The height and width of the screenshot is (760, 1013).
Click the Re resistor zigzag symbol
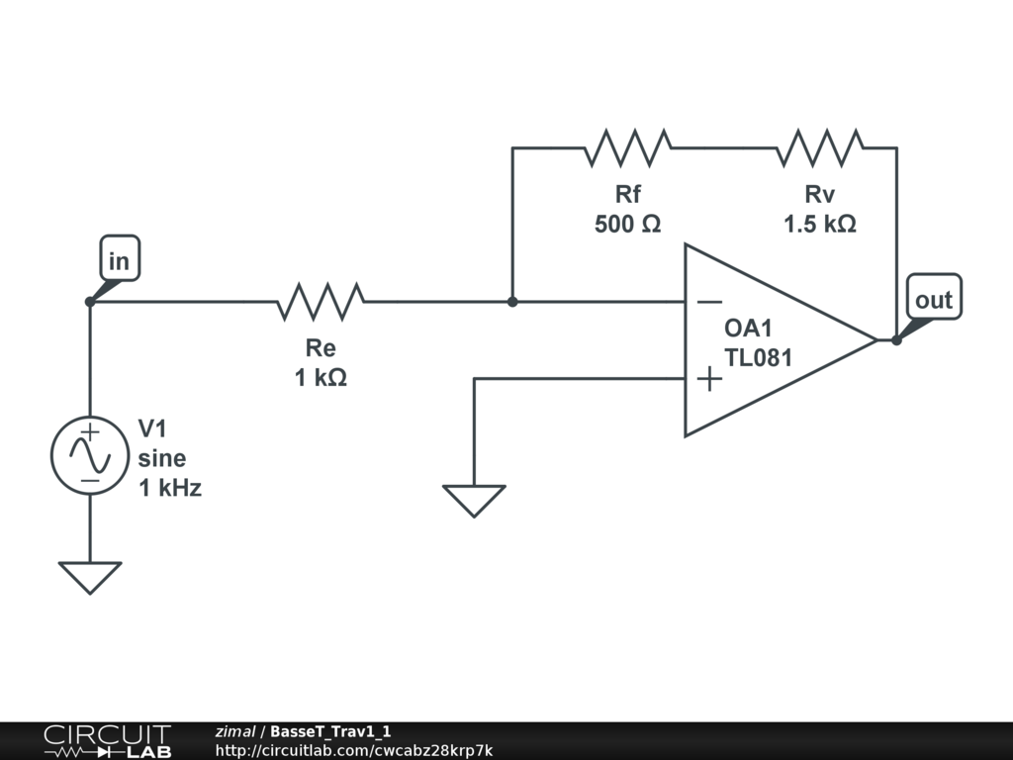pyautogui.click(x=321, y=301)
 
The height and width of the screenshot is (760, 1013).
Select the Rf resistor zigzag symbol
pyautogui.click(x=628, y=148)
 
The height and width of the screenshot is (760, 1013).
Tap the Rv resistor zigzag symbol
pyautogui.click(x=820, y=148)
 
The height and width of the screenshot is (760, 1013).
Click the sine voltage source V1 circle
pyautogui.click(x=90, y=455)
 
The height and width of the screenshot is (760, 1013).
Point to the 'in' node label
pyautogui.click(x=119, y=261)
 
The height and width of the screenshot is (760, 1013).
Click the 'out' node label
pyautogui.click(x=933, y=300)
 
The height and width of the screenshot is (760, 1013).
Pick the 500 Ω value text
pyautogui.click(x=627, y=225)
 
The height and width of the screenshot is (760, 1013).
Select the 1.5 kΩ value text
pyautogui.click(x=820, y=225)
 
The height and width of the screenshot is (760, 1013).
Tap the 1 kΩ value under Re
pyautogui.click(x=321, y=377)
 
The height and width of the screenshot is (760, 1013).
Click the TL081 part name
pyautogui.click(x=759, y=358)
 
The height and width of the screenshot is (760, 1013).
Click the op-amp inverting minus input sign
pyautogui.click(x=708, y=302)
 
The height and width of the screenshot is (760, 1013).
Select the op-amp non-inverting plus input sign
pyautogui.click(x=708, y=378)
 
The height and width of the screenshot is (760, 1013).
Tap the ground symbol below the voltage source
pyautogui.click(x=90, y=576)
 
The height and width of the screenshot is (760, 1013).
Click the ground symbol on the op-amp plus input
pyautogui.click(x=474, y=499)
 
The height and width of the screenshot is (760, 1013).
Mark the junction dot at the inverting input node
pyautogui.click(x=512, y=301)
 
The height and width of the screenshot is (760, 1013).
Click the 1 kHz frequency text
pyautogui.click(x=169, y=487)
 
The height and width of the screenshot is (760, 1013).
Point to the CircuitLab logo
pyautogui.click(x=106, y=741)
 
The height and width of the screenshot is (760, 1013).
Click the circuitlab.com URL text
pyautogui.click(x=353, y=750)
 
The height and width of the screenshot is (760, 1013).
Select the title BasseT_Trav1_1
pyautogui.click(x=330, y=731)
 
